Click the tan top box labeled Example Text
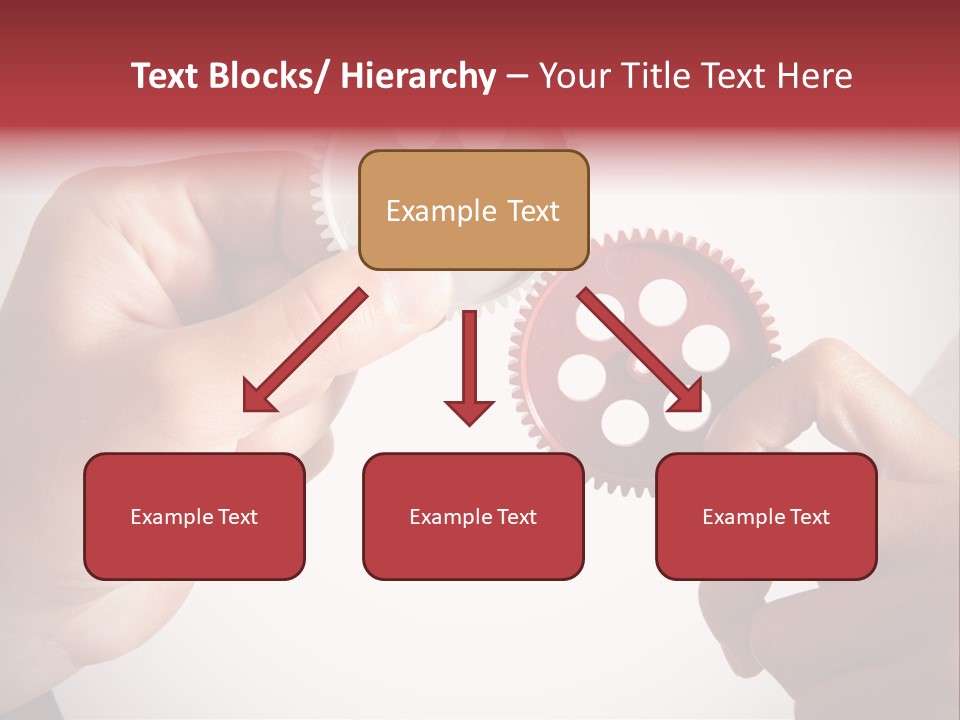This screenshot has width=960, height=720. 473,210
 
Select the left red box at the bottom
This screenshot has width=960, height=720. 194,516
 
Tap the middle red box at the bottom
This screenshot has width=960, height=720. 473,516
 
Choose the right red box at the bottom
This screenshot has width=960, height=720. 766,516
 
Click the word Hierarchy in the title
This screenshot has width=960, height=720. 417,76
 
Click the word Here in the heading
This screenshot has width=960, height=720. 815,76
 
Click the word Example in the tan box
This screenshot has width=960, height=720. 441,211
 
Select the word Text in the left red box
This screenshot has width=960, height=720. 240,517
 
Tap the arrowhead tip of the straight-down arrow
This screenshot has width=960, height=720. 469,425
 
